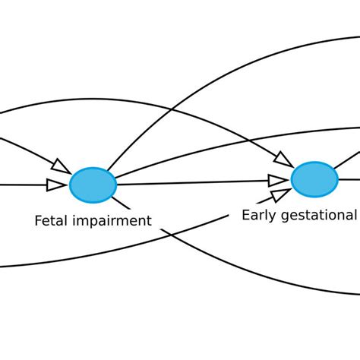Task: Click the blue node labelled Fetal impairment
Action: pyautogui.click(x=93, y=185)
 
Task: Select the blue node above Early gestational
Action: pyautogui.click(x=314, y=179)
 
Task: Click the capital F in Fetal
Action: pyautogui.click(x=38, y=221)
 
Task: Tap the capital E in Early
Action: pyautogui.click(x=245, y=215)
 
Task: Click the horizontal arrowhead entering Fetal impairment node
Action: pyautogui.click(x=56, y=185)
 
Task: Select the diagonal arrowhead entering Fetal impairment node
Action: pyautogui.click(x=60, y=166)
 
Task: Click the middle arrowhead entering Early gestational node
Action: pyautogui.click(x=278, y=180)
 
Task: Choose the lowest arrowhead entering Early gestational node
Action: pyautogui.click(x=279, y=197)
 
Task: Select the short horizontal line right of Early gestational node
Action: pyautogui.click(x=349, y=179)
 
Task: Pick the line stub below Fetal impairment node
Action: pyautogui.click(x=122, y=204)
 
